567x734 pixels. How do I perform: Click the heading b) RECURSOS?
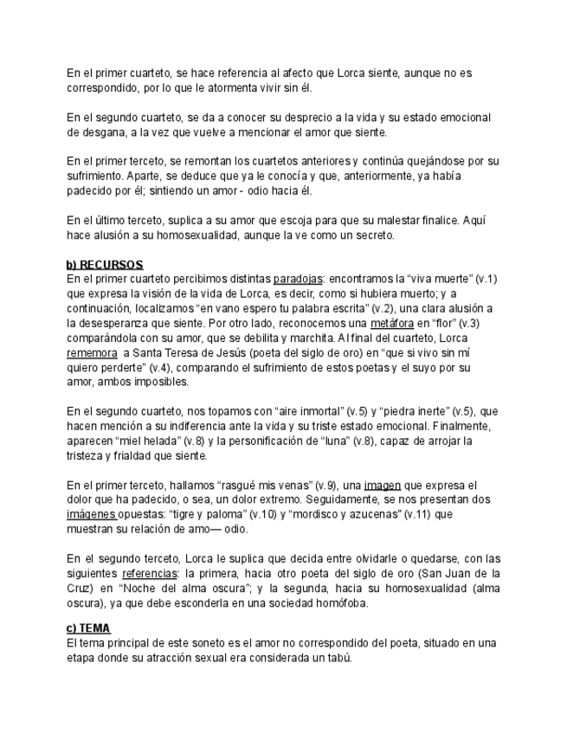click(x=105, y=264)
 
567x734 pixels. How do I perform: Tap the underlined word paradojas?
click(x=297, y=279)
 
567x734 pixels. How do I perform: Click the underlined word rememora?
click(x=92, y=353)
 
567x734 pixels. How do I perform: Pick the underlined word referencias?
click(x=149, y=573)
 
